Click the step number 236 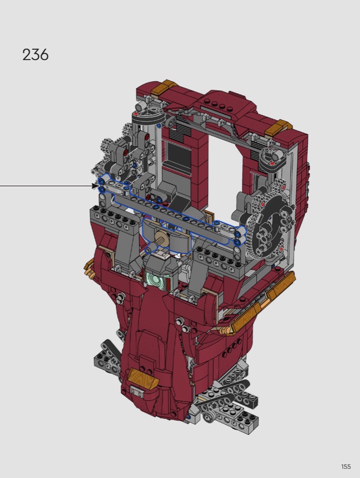36,55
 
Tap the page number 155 346,467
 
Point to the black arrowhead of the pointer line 95,186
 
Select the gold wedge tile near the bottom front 142,377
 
